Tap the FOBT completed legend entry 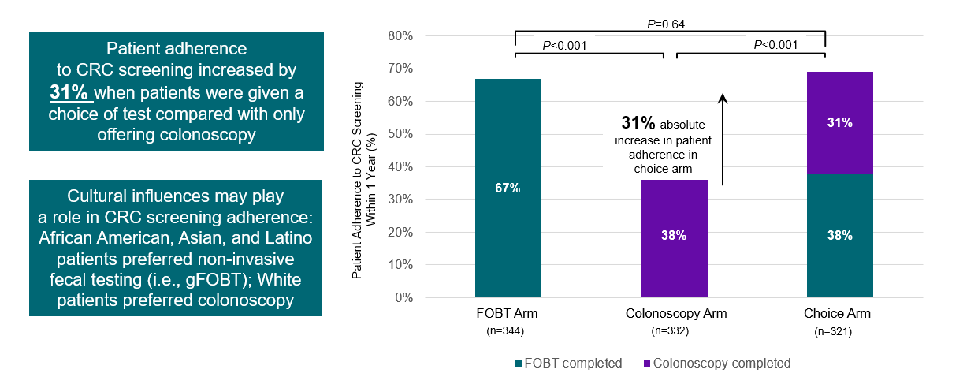point(568,364)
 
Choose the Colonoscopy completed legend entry point(717,364)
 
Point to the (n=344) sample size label point(508,330)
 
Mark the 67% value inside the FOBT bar point(508,188)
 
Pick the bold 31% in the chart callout point(638,123)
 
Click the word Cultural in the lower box point(115,196)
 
